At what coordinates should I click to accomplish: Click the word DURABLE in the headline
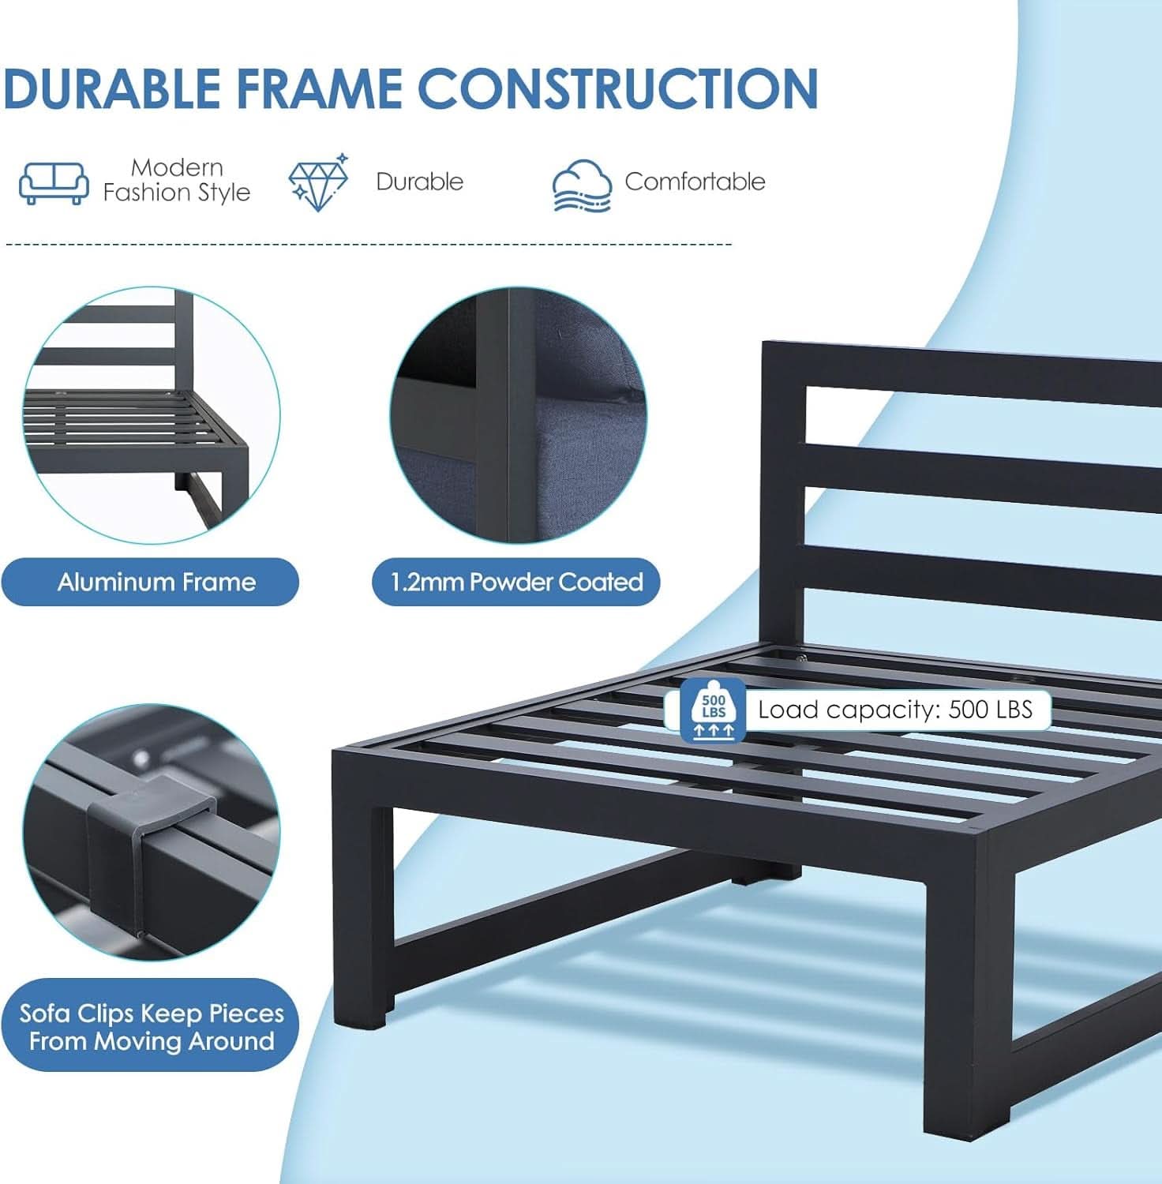(112, 88)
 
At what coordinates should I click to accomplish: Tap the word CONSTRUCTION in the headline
(617, 88)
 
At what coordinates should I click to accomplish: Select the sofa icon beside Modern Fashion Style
(54, 182)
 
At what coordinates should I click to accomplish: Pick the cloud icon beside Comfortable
(582, 185)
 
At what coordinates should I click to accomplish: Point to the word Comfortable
(695, 182)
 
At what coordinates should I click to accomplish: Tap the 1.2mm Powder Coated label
(516, 583)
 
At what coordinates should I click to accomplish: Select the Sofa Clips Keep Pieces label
(151, 1025)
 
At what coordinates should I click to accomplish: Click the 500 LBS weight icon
(713, 708)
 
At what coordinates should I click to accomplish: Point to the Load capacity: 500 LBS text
(895, 709)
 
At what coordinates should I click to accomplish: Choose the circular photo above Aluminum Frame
(151, 414)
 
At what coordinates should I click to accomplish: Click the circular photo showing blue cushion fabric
(519, 414)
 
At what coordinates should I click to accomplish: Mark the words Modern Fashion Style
(177, 180)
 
